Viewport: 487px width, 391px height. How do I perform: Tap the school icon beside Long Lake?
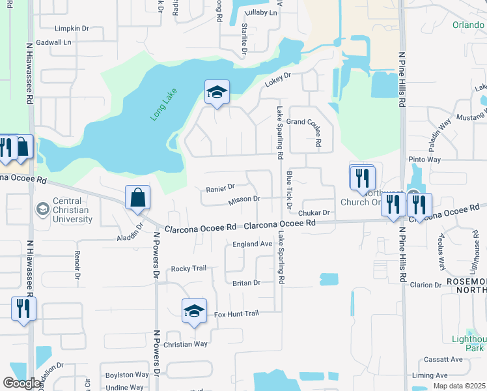[x=217, y=92]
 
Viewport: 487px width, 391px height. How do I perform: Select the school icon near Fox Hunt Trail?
[x=194, y=311]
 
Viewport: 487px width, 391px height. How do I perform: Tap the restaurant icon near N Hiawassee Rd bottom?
[x=23, y=308]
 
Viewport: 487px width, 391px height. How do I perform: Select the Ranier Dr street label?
[x=220, y=188]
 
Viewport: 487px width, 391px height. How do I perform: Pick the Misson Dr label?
[x=244, y=199]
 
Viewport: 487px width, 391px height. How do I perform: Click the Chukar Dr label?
[x=314, y=212]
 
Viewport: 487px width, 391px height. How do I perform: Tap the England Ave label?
[x=252, y=244]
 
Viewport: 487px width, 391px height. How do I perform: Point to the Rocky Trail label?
[x=188, y=268]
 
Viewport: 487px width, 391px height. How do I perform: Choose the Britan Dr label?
[x=246, y=283]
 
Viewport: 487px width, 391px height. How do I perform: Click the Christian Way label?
[x=186, y=344]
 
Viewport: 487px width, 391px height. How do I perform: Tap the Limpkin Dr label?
[x=72, y=29]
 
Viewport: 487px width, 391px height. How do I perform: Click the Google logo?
[x=21, y=384]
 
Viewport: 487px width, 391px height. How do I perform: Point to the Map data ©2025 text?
[x=459, y=386]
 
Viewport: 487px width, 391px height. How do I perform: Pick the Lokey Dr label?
[x=277, y=80]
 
